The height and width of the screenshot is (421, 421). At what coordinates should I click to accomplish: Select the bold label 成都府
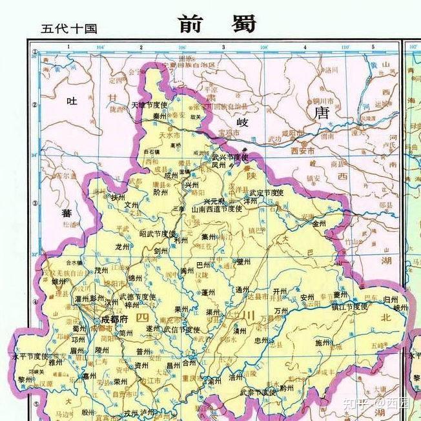pyautogui.click(x=116, y=319)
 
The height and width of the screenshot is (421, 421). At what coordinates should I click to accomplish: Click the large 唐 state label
pyautogui.click(x=321, y=114)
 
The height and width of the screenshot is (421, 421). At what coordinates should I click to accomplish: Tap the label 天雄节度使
pyautogui.click(x=149, y=105)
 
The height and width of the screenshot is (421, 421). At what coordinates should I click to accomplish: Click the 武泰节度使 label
pyautogui.click(x=257, y=392)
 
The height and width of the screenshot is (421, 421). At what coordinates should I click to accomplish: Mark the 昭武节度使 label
pyautogui.click(x=158, y=233)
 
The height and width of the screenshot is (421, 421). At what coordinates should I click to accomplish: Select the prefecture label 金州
pyautogui.click(x=320, y=224)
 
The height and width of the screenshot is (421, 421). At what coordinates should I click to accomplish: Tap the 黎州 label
pyautogui.click(x=25, y=380)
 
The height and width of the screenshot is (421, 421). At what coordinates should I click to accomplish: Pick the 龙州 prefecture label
pyautogui.click(x=122, y=246)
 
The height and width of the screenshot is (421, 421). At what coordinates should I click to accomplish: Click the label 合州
pyautogui.click(x=188, y=364)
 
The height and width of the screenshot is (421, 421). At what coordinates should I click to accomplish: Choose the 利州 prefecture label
pyautogui.click(x=181, y=240)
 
